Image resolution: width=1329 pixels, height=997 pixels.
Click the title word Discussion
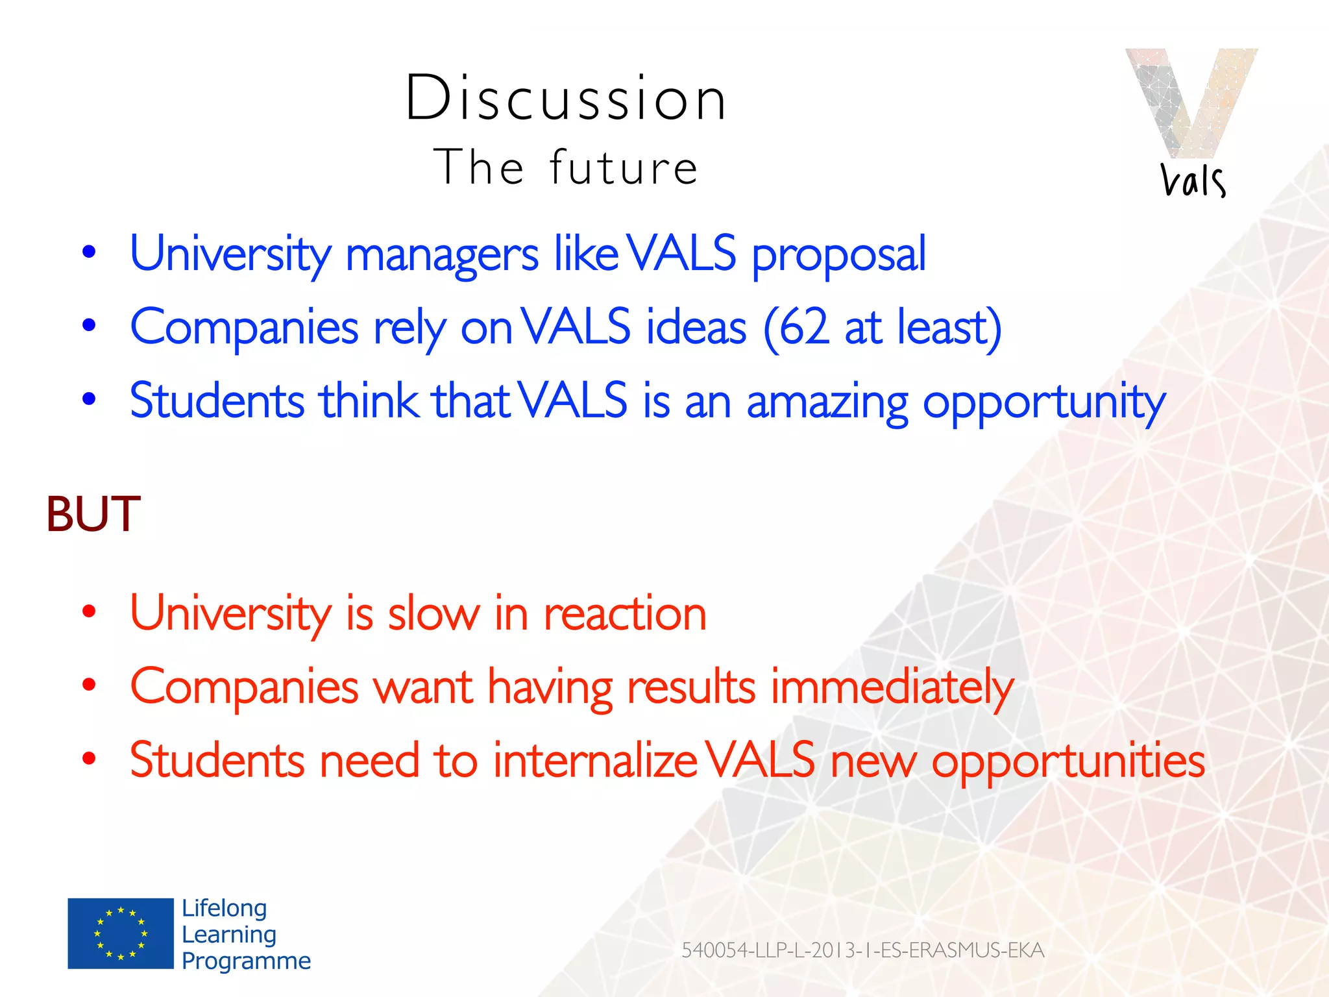(566, 99)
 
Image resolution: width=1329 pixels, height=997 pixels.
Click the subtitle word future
(624, 167)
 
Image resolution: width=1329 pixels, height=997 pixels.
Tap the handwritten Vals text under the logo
(1193, 180)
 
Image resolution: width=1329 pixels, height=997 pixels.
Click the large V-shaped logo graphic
(1191, 101)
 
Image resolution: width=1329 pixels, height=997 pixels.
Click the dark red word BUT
(93, 514)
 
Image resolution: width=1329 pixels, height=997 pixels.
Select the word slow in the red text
(433, 613)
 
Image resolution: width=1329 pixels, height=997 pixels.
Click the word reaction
(624, 614)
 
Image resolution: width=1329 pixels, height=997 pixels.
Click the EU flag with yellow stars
(121, 933)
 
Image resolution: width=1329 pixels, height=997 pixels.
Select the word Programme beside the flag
(246, 961)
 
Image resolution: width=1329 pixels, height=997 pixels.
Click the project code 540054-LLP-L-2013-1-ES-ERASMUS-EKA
(862, 950)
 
